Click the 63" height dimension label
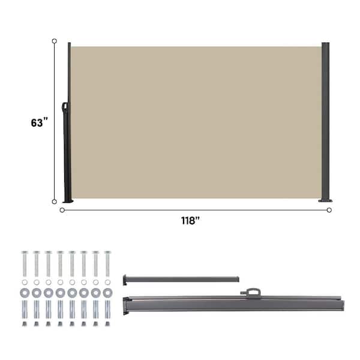(x=40, y=122)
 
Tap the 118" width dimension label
(x=190, y=220)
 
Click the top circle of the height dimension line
(x=55, y=41)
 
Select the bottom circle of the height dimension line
(x=55, y=202)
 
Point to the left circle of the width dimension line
(x=62, y=210)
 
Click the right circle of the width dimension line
(x=329, y=210)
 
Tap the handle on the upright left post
(x=65, y=107)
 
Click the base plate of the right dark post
(x=325, y=200)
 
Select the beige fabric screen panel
(x=196, y=122)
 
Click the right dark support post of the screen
(x=325, y=122)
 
